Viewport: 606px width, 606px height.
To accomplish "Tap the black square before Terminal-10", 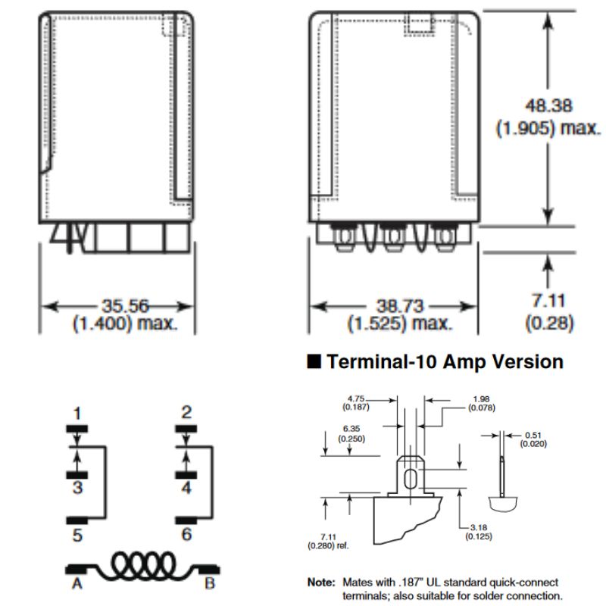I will [x=314, y=362].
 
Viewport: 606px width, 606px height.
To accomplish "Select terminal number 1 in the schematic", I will [x=77, y=414].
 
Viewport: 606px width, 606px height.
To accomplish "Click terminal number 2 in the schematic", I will [x=186, y=414].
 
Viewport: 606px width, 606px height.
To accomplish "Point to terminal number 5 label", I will [x=77, y=535].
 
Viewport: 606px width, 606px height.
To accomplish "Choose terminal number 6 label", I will [x=186, y=535].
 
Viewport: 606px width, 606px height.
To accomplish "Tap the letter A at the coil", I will [x=77, y=583].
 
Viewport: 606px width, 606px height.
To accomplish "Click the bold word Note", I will [x=320, y=583].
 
